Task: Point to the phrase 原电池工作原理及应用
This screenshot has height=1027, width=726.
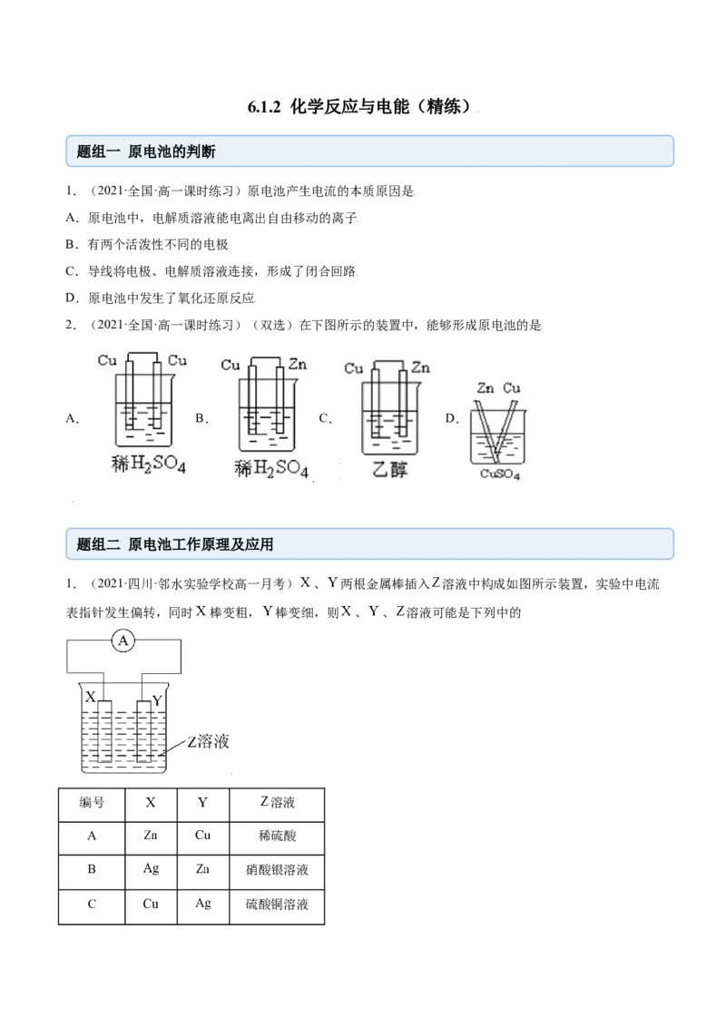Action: point(201,545)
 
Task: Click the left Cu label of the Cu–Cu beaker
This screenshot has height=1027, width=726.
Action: point(107,360)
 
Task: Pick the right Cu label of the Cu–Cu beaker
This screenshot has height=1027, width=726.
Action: point(178,360)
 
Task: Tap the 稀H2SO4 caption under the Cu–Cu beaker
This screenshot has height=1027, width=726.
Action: point(147,466)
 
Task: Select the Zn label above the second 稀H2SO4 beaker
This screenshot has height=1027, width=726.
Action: point(297,365)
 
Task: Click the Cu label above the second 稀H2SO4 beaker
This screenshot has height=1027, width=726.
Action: point(231,365)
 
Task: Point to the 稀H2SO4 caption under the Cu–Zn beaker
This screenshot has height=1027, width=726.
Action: point(271,469)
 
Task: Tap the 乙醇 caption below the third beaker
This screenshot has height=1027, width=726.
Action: point(390,470)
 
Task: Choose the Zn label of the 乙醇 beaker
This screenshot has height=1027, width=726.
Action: point(420,367)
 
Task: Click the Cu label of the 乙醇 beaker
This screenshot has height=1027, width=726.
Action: point(354,368)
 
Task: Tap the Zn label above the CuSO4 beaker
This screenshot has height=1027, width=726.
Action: point(486,388)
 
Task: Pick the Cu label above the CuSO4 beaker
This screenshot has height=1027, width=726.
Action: point(513,388)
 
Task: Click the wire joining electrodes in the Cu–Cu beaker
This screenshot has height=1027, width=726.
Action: point(143,354)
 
